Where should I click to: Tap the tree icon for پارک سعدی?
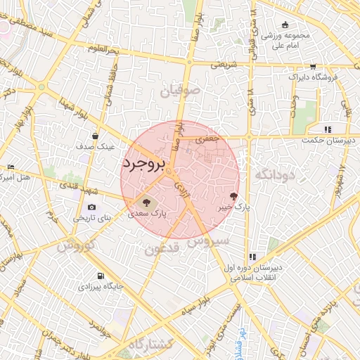pyautogui.click(x=146, y=201)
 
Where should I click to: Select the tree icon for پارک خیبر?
pyautogui.click(x=233, y=196)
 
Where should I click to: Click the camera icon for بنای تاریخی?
pyautogui.click(x=91, y=207)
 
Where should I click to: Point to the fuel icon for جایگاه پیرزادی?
pyautogui.click(x=102, y=275)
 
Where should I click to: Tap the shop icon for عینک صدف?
pyautogui.click(x=96, y=136)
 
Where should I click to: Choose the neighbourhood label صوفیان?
pyautogui.click(x=180, y=91)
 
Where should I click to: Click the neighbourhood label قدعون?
pyautogui.click(x=164, y=249)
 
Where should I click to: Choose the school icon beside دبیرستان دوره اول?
pyautogui.click(x=252, y=257)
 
